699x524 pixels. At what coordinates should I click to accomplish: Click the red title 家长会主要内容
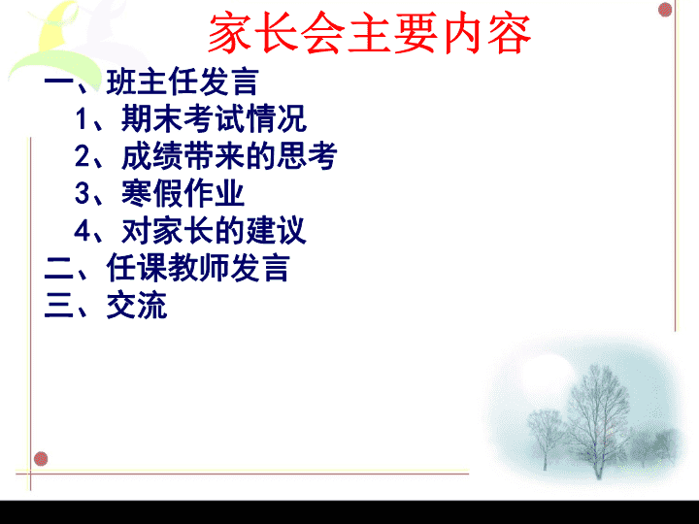click(370, 33)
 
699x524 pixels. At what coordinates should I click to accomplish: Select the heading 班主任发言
click(183, 82)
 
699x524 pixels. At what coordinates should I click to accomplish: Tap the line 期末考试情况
click(214, 118)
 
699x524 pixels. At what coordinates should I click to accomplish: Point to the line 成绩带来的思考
click(229, 156)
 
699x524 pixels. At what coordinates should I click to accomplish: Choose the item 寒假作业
click(183, 193)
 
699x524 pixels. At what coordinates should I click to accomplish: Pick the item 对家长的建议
click(214, 230)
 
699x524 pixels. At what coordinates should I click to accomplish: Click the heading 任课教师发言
click(198, 268)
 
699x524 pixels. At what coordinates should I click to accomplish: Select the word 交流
click(137, 306)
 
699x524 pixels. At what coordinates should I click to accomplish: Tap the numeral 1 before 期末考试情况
click(82, 119)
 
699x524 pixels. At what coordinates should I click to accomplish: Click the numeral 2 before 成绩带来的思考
click(83, 156)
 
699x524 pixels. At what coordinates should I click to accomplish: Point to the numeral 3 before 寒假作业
click(83, 194)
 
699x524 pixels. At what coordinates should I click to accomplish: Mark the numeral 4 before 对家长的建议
click(83, 231)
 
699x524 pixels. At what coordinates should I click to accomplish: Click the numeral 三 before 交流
click(59, 306)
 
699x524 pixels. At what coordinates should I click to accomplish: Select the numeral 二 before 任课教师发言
click(59, 270)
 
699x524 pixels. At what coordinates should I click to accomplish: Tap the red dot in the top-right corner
click(665, 10)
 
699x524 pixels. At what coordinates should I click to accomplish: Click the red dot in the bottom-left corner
click(41, 458)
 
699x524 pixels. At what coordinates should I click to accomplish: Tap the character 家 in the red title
click(230, 33)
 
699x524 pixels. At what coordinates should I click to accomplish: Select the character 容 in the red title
click(509, 33)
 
